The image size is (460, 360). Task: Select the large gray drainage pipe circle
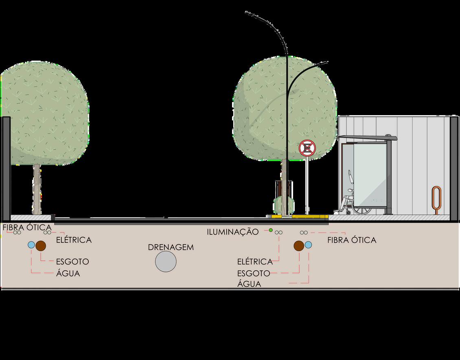pyautogui.click(x=166, y=261)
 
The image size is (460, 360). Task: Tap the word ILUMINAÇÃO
pyautogui.click(x=233, y=232)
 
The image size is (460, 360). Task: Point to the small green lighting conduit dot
pyautogui.click(x=270, y=230)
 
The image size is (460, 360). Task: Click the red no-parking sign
pyautogui.click(x=306, y=148)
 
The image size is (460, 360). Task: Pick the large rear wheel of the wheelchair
pyautogui.click(x=361, y=205)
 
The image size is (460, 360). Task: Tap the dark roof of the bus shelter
pyautogui.click(x=366, y=137)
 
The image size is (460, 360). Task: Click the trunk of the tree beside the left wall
pyautogui.click(x=37, y=189)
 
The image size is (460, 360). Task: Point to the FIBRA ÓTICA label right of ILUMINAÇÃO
pyautogui.click(x=352, y=240)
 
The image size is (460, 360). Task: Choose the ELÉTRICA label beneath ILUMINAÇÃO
pyautogui.click(x=256, y=261)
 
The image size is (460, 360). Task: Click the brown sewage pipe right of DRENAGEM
pyautogui.click(x=299, y=245)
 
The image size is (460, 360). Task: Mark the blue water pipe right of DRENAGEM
pyautogui.click(x=308, y=245)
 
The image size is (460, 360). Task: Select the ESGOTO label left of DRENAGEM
pyautogui.click(x=72, y=261)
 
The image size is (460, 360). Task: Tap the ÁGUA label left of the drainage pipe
pyautogui.click(x=68, y=273)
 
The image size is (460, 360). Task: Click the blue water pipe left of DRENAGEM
pyautogui.click(x=31, y=245)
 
